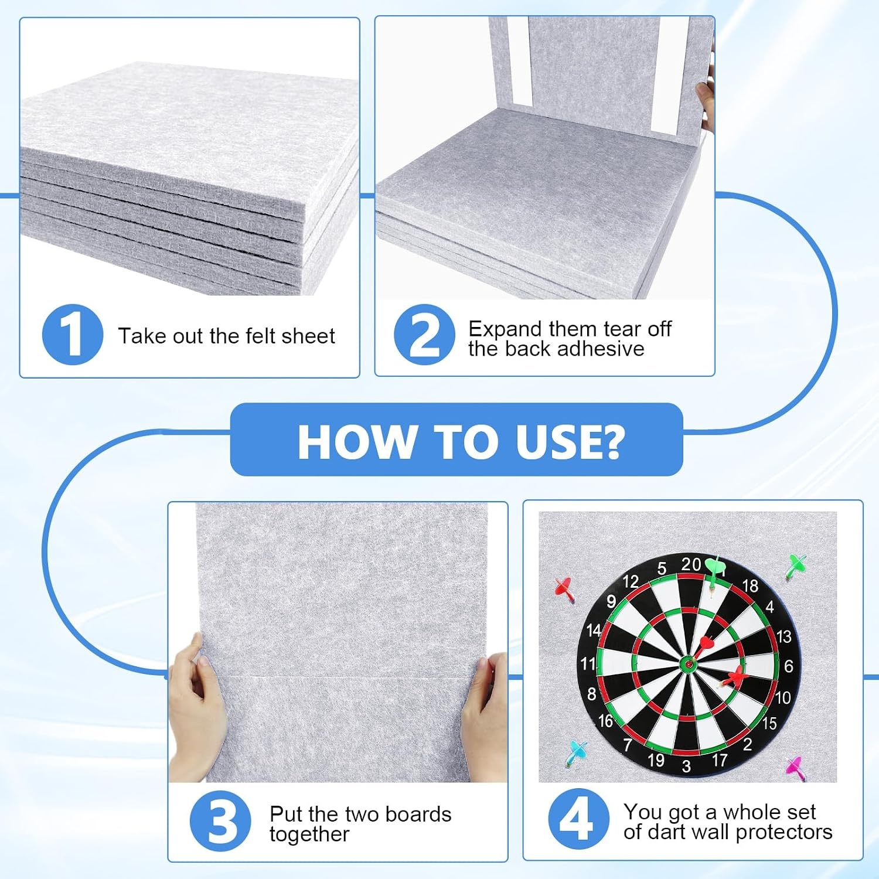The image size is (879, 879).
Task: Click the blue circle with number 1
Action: coord(73,335)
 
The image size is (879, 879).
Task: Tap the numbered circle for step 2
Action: coord(424,335)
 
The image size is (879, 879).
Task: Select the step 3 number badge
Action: coord(221,820)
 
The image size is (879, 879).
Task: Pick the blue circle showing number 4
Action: coord(578,819)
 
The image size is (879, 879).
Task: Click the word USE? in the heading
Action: coord(570,441)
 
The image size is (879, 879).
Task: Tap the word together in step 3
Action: coord(309,834)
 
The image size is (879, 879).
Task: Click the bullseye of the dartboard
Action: coord(688,664)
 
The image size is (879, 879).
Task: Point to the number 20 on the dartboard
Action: coord(691,564)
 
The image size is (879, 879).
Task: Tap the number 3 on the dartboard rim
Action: coord(686,765)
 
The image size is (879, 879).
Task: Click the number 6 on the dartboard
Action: coord(788,666)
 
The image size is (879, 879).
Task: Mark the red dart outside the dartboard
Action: coord(564,589)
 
